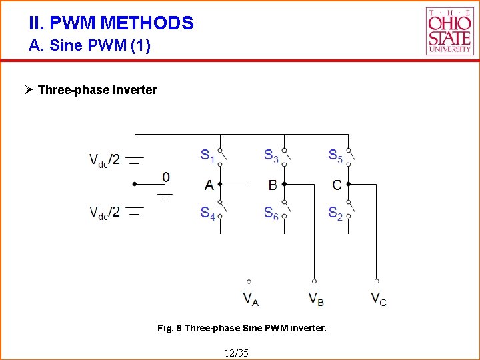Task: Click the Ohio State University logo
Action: point(449,31)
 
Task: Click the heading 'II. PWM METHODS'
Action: point(111,23)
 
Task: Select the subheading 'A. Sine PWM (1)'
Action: point(90,46)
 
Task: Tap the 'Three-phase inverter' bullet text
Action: point(97,90)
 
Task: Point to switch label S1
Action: point(208,156)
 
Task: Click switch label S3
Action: point(271,156)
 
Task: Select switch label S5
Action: point(335,156)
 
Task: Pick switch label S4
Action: point(208,213)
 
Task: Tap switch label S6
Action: point(271,213)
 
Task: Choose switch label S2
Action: point(335,213)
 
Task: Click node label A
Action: point(209,185)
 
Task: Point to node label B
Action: point(273,185)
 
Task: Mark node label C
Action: point(337,185)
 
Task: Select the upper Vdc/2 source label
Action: point(105,160)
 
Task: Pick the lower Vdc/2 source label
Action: point(105,213)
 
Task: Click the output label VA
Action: point(250,299)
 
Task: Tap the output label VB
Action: point(315,299)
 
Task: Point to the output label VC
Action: point(378,299)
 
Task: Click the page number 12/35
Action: point(237,352)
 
